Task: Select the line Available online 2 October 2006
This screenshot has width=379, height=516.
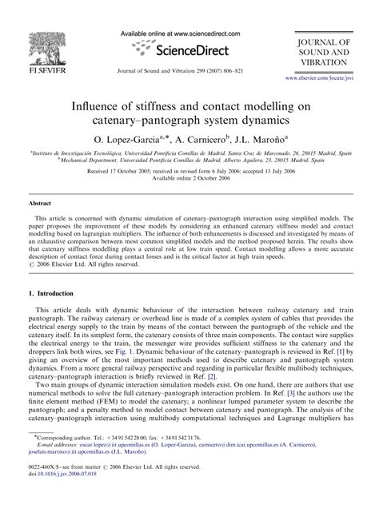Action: tap(189, 177)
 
